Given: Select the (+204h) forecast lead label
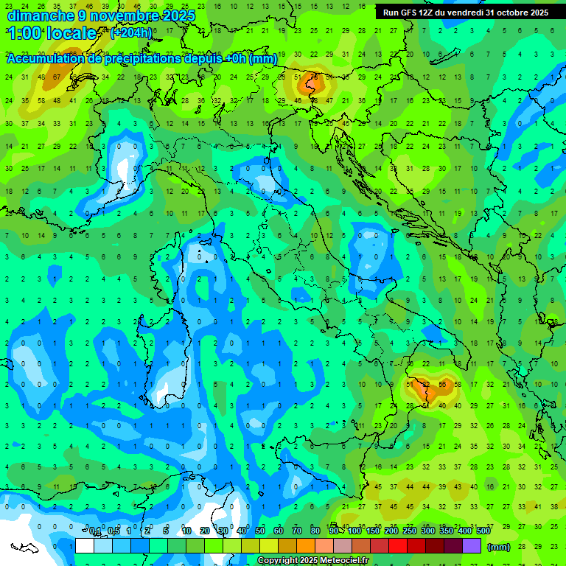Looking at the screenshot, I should [x=132, y=33].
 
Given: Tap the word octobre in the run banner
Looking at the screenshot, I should [x=506, y=13].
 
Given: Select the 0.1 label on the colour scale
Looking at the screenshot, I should [x=95, y=531].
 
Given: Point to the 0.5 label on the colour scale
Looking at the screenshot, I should [x=113, y=531].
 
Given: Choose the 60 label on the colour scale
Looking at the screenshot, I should [x=279, y=531].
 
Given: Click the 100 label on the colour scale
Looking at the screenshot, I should [x=354, y=531].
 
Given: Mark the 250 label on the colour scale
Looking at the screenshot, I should [x=410, y=531].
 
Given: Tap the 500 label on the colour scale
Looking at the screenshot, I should [x=483, y=531].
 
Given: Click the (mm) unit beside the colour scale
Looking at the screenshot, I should [x=499, y=547].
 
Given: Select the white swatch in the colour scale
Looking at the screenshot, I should [x=85, y=546].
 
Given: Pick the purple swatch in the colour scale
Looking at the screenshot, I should [x=472, y=546].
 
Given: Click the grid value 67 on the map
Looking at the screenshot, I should [x=57, y=77].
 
